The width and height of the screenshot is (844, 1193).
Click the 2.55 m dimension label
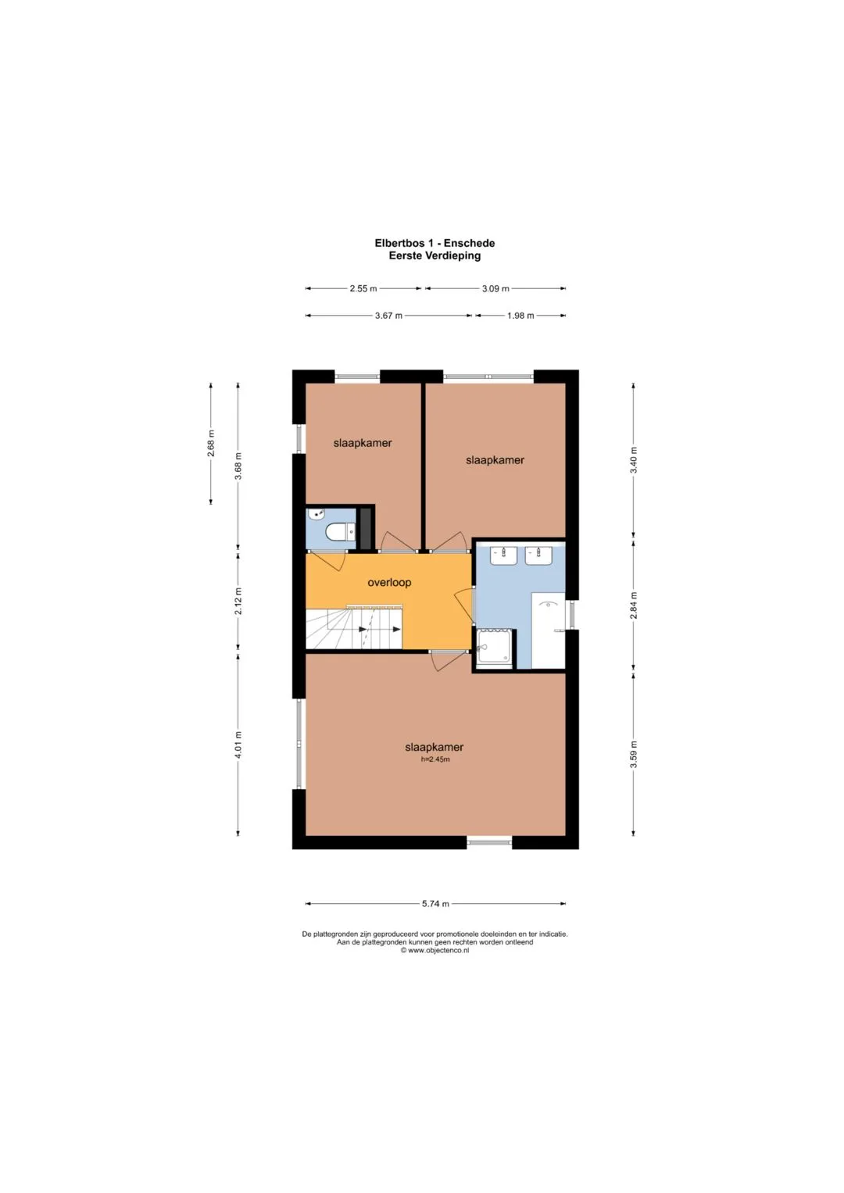coord(363,288)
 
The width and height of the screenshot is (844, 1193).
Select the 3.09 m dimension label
coord(495,288)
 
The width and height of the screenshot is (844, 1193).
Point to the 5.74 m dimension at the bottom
coord(435,904)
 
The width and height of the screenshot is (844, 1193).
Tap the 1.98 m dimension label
coord(520,316)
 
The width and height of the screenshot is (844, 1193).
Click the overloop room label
coord(389,583)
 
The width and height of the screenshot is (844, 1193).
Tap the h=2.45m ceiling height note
coord(435,759)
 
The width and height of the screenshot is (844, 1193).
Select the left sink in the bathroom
coord(503,556)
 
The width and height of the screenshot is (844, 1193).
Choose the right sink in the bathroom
coord(538,556)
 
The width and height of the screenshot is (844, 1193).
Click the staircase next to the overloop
coord(354,629)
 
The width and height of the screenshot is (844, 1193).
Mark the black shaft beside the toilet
coord(366,529)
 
